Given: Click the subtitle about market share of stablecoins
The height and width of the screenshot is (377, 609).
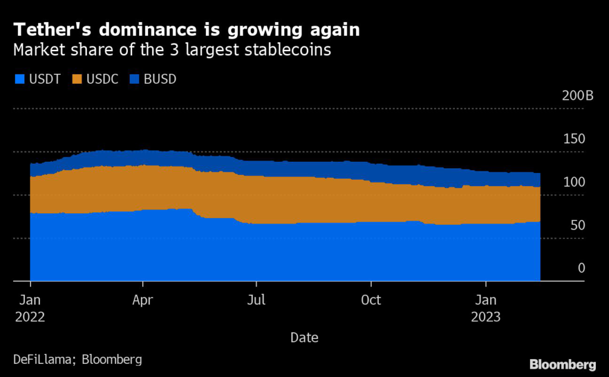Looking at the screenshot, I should (172, 50).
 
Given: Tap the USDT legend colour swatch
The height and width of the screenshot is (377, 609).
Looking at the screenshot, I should (18, 79).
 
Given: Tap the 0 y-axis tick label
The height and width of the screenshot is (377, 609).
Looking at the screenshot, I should (581, 268).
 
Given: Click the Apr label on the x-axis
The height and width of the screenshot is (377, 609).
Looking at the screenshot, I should (143, 300).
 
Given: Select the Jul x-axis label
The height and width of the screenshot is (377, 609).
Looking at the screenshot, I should (256, 300).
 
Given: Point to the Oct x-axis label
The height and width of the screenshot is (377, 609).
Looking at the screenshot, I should (371, 300).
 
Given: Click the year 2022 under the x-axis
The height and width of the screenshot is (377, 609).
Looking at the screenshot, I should (29, 316).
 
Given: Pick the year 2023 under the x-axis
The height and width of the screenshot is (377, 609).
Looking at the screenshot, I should (486, 316).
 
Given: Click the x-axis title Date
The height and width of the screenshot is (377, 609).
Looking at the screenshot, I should (304, 338).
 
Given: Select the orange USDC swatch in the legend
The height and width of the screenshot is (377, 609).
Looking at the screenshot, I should (77, 79).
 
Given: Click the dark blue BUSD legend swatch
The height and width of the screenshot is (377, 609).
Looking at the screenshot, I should (134, 79).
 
